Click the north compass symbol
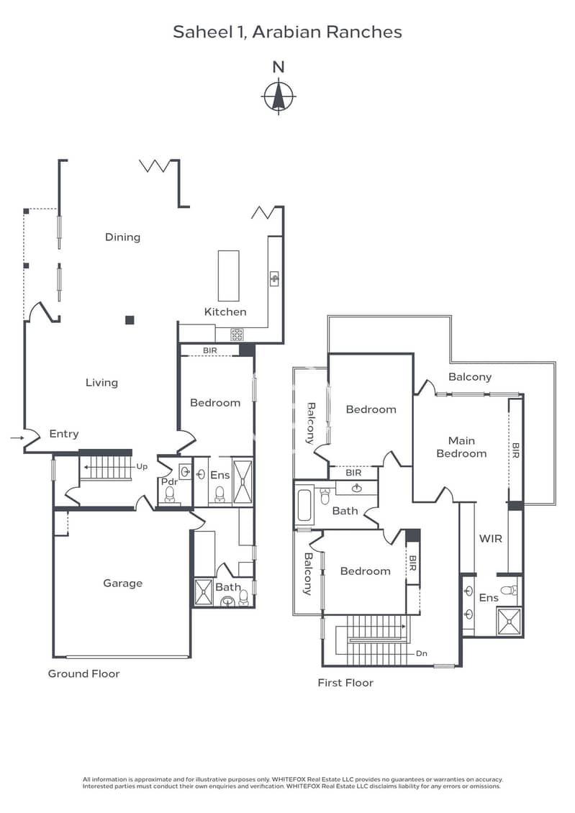tap(279, 96)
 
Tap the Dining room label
tap(122, 237)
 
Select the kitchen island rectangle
tap(228, 276)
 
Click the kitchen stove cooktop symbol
tap(237, 335)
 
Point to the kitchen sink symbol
tap(274, 278)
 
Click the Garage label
tap(122, 583)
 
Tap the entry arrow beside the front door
tap(17, 438)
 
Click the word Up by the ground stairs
tap(142, 467)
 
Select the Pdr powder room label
tap(169, 481)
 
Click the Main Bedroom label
tap(461, 447)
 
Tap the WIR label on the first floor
tap(491, 539)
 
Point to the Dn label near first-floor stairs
tap(422, 653)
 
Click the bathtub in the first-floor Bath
tap(304, 506)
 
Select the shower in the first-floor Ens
tap(510, 622)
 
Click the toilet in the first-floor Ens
tap(510, 589)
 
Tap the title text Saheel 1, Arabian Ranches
tap(287, 32)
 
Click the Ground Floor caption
tap(84, 673)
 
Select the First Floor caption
tap(345, 683)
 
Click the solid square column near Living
tap(130, 320)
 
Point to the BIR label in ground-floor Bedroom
tap(210, 350)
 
